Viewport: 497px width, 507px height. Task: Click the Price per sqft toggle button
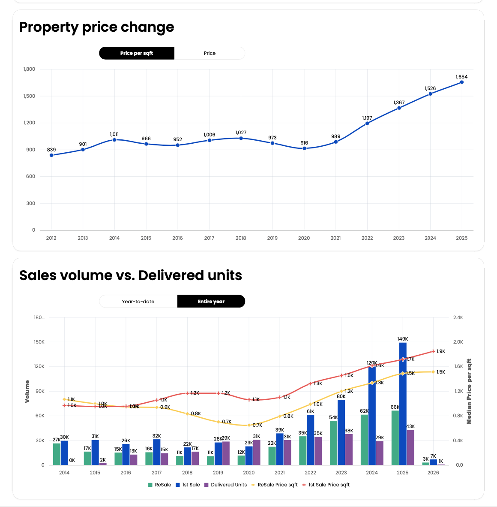click(x=137, y=53)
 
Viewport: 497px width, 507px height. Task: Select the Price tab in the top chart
click(x=210, y=53)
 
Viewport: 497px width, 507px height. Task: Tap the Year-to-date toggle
click(x=138, y=302)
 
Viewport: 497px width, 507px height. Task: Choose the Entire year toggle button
click(x=211, y=302)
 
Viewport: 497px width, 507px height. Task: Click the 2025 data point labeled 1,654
click(x=461, y=82)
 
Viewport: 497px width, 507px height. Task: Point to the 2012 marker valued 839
click(x=51, y=155)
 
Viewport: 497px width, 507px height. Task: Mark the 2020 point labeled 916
click(x=304, y=148)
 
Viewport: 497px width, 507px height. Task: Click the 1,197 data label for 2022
click(x=367, y=118)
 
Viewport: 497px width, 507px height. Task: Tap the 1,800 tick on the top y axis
click(x=30, y=69)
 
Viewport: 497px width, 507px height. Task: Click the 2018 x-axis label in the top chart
click(x=241, y=238)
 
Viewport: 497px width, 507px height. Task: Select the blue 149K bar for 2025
click(x=403, y=403)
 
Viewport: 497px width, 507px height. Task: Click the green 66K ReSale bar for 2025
click(x=395, y=438)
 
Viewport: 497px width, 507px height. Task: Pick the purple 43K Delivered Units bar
click(x=410, y=447)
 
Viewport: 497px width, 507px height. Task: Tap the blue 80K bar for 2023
click(x=341, y=432)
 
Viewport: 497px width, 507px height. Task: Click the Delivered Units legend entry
click(x=225, y=485)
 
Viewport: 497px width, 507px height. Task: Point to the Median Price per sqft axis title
click(x=469, y=391)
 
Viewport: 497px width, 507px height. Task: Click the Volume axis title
click(x=27, y=391)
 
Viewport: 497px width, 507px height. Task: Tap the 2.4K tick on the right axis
click(x=458, y=318)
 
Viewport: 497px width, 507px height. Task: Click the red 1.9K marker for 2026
click(x=433, y=351)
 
